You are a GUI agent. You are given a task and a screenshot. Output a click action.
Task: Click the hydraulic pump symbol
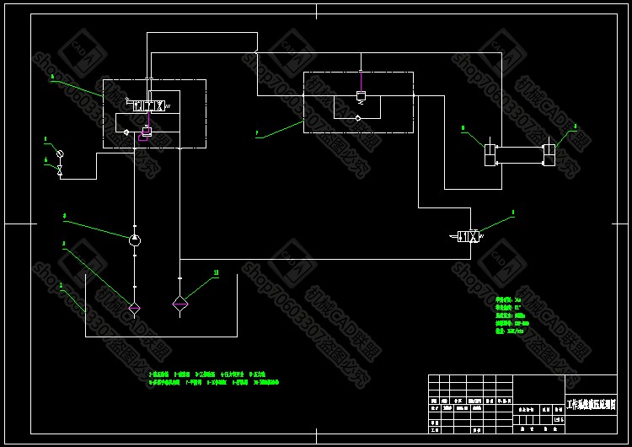click(135, 240)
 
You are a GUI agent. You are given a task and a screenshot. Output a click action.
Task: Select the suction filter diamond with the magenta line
click(134, 304)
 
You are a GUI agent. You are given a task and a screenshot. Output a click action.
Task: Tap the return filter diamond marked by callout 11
click(180, 303)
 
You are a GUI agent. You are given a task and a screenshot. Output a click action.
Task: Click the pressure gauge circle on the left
click(59, 153)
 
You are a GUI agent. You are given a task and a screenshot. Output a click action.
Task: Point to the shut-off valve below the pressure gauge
click(59, 170)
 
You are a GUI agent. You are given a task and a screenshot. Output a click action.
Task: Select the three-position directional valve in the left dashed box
click(153, 105)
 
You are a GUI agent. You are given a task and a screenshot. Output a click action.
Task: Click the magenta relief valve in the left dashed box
click(147, 132)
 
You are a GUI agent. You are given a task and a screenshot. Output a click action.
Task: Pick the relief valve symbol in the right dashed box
click(361, 97)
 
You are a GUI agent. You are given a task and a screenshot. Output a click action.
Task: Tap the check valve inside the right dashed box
click(358, 118)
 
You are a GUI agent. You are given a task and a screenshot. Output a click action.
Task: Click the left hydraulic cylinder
click(489, 155)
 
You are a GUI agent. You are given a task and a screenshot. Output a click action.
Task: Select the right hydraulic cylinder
click(549, 155)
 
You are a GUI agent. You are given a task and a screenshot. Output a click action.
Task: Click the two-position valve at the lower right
click(467, 237)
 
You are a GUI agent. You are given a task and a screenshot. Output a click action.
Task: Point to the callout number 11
click(217, 272)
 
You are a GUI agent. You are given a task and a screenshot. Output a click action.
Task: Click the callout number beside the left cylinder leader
click(463, 129)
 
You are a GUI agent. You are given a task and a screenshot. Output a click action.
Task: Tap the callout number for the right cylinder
click(576, 127)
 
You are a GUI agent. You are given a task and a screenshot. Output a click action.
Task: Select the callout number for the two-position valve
click(512, 213)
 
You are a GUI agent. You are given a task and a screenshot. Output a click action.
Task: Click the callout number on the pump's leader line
click(64, 216)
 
